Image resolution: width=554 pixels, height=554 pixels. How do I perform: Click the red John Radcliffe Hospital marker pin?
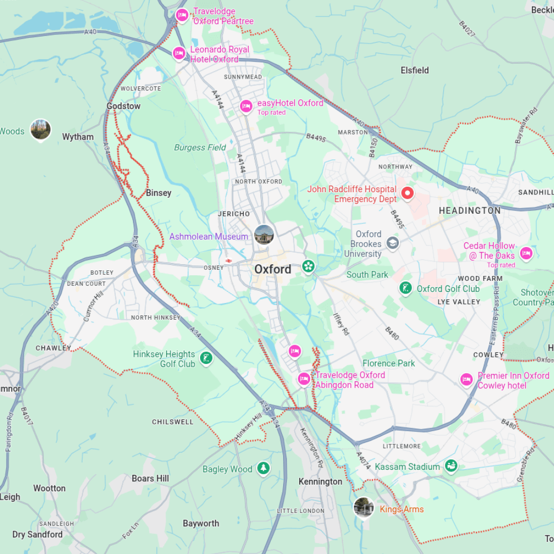click(x=407, y=193)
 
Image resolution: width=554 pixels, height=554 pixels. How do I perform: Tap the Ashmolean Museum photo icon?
click(x=264, y=234)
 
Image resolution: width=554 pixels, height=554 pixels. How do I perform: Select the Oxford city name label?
click(x=273, y=269)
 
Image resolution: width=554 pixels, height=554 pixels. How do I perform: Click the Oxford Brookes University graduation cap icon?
click(x=392, y=243)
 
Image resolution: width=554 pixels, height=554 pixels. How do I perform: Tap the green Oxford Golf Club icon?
click(x=406, y=288)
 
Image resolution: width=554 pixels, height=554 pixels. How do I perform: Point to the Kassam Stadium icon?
click(x=451, y=466)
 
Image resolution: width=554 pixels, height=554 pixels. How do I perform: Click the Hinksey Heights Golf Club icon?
click(x=206, y=358)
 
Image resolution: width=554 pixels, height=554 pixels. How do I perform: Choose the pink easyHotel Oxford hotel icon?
click(x=246, y=106)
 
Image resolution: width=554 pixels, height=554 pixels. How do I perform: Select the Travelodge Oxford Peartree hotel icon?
click(x=182, y=16)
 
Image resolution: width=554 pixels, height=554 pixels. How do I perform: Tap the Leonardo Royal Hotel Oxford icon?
click(x=179, y=53)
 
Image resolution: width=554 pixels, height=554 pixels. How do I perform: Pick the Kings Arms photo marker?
click(x=363, y=507)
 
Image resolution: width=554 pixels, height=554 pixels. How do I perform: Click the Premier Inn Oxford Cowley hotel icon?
click(x=466, y=379)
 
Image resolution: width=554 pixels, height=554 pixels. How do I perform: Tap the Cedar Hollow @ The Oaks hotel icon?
click(x=526, y=254)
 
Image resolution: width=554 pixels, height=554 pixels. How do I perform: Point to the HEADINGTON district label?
click(x=469, y=211)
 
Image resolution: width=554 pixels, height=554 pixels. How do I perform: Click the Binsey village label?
click(x=158, y=193)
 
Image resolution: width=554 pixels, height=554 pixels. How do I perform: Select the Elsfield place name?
click(x=414, y=70)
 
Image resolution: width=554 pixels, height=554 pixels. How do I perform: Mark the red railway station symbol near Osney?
click(x=228, y=260)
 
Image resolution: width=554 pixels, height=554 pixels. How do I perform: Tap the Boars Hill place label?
click(x=150, y=478)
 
